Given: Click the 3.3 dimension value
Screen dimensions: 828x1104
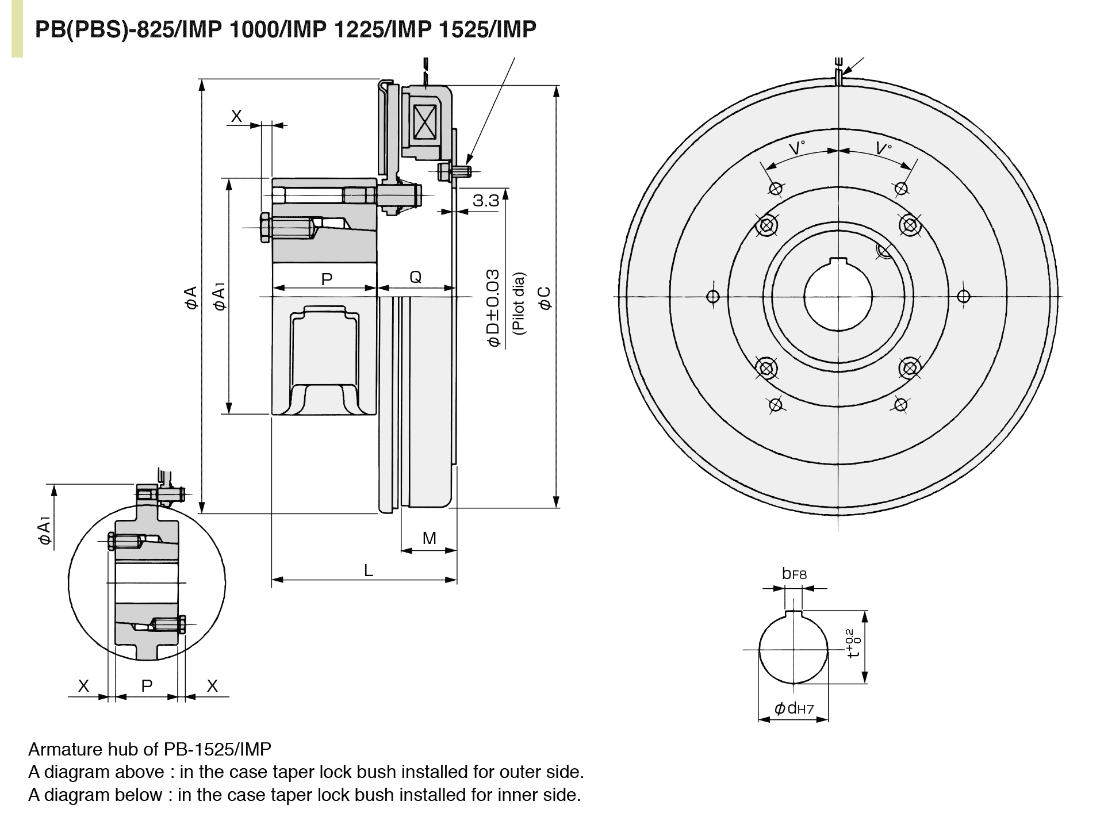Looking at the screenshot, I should [485, 201].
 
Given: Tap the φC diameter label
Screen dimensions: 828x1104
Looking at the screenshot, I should [545, 298].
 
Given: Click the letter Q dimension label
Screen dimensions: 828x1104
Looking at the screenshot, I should [415, 277].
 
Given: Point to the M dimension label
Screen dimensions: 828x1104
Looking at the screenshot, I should [429, 538].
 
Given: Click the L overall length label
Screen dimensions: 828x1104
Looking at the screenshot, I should [369, 570].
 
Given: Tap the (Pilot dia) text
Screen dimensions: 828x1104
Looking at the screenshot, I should [519, 303].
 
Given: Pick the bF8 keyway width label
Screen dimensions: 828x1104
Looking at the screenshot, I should [794, 573].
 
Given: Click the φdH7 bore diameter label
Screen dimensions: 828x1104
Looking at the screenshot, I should [793, 708].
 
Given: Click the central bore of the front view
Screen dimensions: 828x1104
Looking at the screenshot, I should [838, 299].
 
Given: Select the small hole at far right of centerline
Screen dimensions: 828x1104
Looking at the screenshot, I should [964, 297].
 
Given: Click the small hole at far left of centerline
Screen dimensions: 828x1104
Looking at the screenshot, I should [713, 297].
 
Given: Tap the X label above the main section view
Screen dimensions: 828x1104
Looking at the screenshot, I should [236, 116].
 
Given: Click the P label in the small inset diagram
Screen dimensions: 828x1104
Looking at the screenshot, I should [147, 685].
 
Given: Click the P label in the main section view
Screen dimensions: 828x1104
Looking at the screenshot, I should [326, 279].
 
